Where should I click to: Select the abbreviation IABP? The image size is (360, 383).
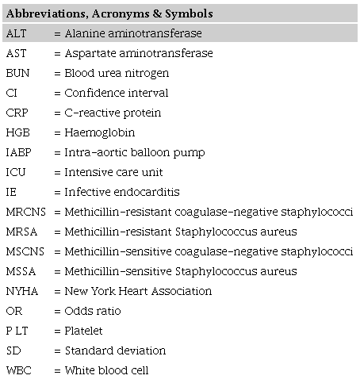19,152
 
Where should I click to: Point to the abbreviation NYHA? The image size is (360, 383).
21,291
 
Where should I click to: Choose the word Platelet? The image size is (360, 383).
84,331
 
